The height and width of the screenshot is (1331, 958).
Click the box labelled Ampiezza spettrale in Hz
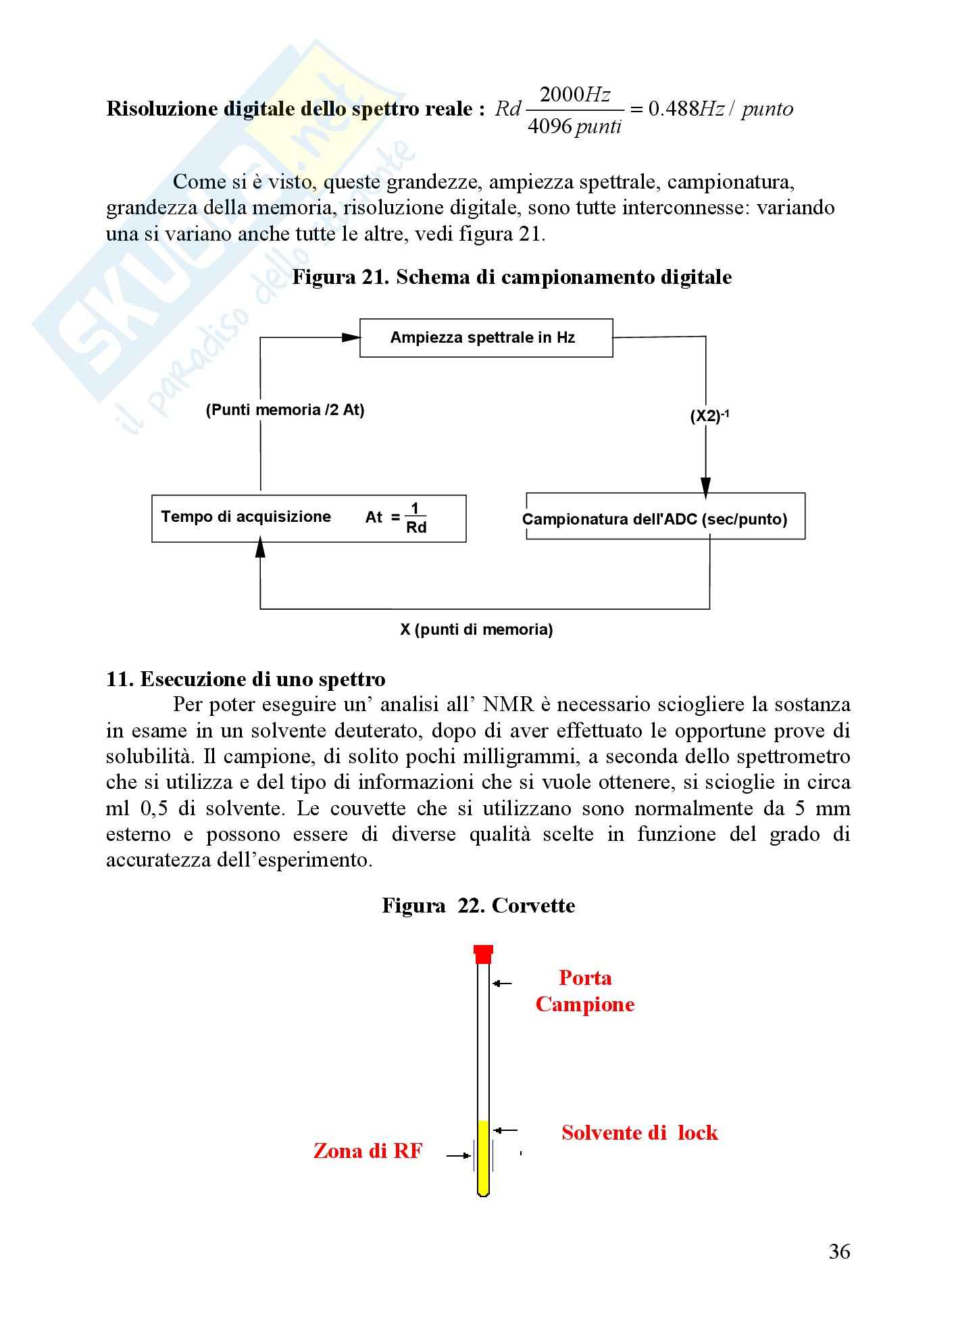coord(486,338)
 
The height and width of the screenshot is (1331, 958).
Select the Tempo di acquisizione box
coord(309,518)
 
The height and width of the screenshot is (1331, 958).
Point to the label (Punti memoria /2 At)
coord(285,410)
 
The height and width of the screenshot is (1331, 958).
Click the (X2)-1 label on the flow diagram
coord(709,416)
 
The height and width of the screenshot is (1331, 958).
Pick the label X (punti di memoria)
coord(476,629)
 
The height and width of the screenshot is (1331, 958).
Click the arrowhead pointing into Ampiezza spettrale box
coord(351,337)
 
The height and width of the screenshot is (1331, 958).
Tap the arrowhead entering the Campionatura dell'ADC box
coord(705,486)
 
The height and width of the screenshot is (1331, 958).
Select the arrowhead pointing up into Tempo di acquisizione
coord(260,548)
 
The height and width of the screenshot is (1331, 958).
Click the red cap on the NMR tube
coord(483,954)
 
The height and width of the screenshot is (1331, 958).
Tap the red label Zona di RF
coord(368,1151)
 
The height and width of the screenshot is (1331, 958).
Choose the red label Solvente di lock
coord(639,1132)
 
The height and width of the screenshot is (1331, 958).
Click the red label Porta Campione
coord(585,990)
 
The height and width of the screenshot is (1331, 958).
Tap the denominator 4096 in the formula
coord(549,126)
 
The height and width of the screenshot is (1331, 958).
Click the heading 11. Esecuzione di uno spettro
coord(246,679)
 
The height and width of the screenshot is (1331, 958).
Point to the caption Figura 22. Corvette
coord(478,905)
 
